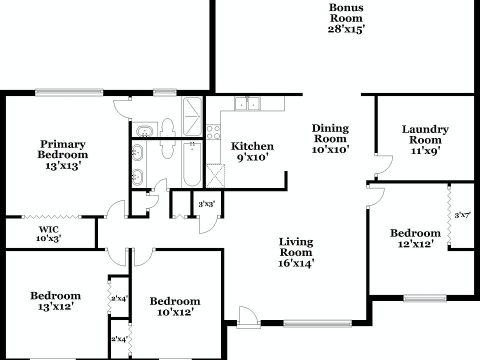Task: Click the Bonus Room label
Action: point(346,18)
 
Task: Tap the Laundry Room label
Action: point(425,140)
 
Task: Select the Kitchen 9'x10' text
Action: point(252,152)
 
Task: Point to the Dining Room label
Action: point(330,138)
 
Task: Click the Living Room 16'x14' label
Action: point(296,252)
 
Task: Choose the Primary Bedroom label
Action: point(62,155)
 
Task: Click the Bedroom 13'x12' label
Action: point(55,301)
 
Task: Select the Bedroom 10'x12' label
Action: point(175,306)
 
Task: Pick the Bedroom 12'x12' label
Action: point(415,238)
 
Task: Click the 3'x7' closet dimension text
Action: point(462,215)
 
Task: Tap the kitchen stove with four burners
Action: point(213,132)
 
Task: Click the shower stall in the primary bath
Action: point(192,116)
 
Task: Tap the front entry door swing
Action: point(247,317)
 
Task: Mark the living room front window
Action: point(317,323)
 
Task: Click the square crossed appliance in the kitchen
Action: point(216,174)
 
